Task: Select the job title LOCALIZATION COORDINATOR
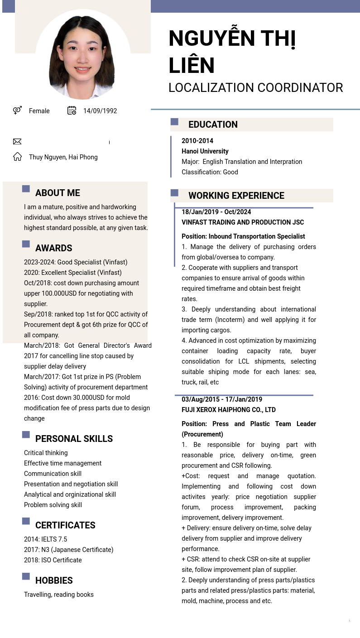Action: pyautogui.click(x=255, y=88)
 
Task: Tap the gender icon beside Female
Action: pyautogui.click(x=17, y=110)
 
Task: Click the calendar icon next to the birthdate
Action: pyautogui.click(x=72, y=110)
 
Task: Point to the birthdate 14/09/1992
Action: pyautogui.click(x=100, y=111)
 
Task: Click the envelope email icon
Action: pyautogui.click(x=17, y=142)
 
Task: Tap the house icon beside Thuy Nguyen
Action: pyautogui.click(x=17, y=157)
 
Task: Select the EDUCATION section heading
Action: pyautogui.click(x=213, y=125)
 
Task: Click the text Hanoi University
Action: pyautogui.click(x=205, y=151)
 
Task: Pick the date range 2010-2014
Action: pyautogui.click(x=197, y=141)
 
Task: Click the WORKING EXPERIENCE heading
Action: pyautogui.click(x=236, y=196)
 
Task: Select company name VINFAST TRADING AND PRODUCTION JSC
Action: pyautogui.click(x=243, y=222)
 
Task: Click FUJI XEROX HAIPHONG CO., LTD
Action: pyautogui.click(x=229, y=410)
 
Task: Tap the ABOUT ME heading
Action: pyautogui.click(x=58, y=193)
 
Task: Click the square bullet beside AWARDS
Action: pyautogui.click(x=26, y=244)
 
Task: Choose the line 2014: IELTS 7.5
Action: pyautogui.click(x=45, y=539)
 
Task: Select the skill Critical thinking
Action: pyautogui.click(x=46, y=453)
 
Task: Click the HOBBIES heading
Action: pyautogui.click(x=54, y=580)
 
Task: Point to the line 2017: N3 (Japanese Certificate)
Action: pyautogui.click(x=68, y=550)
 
